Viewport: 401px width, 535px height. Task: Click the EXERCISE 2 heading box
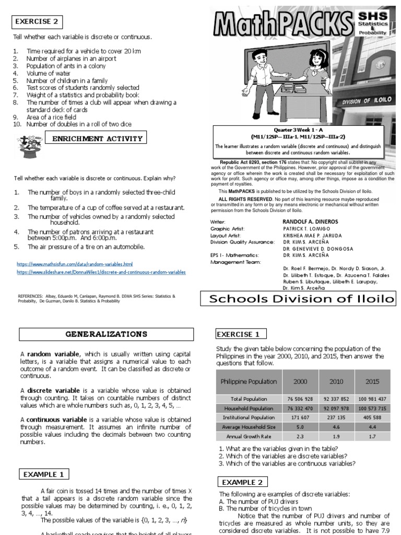tap(37, 21)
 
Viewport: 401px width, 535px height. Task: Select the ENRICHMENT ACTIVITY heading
tap(96, 138)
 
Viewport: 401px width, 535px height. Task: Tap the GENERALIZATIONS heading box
tap(106, 334)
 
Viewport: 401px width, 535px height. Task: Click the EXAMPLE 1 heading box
tap(44, 474)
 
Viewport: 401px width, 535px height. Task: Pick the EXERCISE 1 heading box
tap(241, 333)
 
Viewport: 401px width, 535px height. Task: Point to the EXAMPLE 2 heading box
tap(242, 481)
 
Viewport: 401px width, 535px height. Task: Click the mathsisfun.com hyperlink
tap(75, 264)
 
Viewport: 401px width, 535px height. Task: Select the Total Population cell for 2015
tap(372, 399)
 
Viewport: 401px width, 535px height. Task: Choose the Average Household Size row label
tap(241, 427)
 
